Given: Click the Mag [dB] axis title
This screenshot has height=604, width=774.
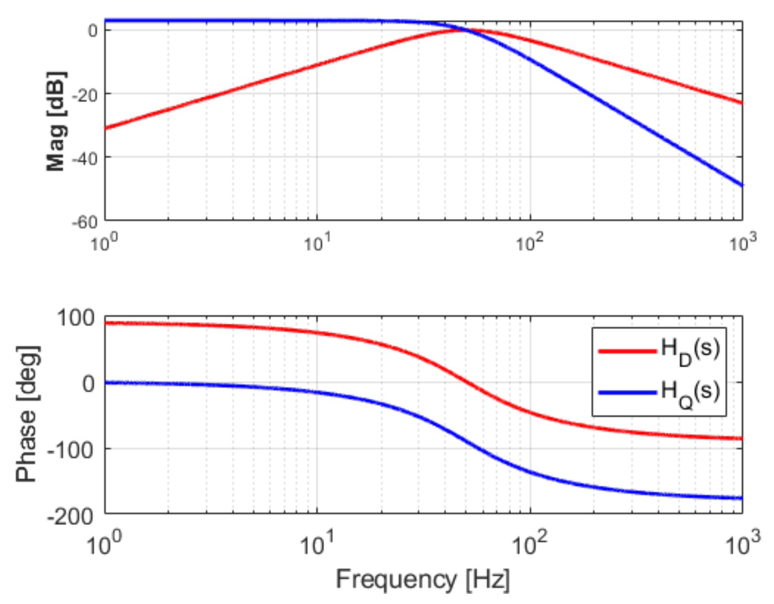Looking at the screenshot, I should coord(56,121).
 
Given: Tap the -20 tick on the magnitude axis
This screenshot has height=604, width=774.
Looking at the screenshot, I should coord(85,94).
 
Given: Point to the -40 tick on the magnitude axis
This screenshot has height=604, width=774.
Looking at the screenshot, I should coord(85,158).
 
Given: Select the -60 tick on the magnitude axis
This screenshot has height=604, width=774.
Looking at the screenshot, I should coord(85,222).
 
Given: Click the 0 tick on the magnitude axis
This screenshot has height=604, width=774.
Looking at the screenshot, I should coord(93,31).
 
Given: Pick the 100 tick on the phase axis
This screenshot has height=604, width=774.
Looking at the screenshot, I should coord(76,317).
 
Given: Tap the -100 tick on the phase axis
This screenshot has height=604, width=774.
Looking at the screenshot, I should coord(71,450).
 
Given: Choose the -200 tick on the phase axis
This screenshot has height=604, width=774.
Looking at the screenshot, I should coord(71,515).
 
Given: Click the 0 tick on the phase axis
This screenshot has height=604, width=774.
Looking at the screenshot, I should coord(89,384).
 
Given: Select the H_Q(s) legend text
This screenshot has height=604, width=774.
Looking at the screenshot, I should coord(690,393).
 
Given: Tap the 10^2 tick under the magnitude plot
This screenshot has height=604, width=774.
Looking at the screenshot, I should coord(530,242).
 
